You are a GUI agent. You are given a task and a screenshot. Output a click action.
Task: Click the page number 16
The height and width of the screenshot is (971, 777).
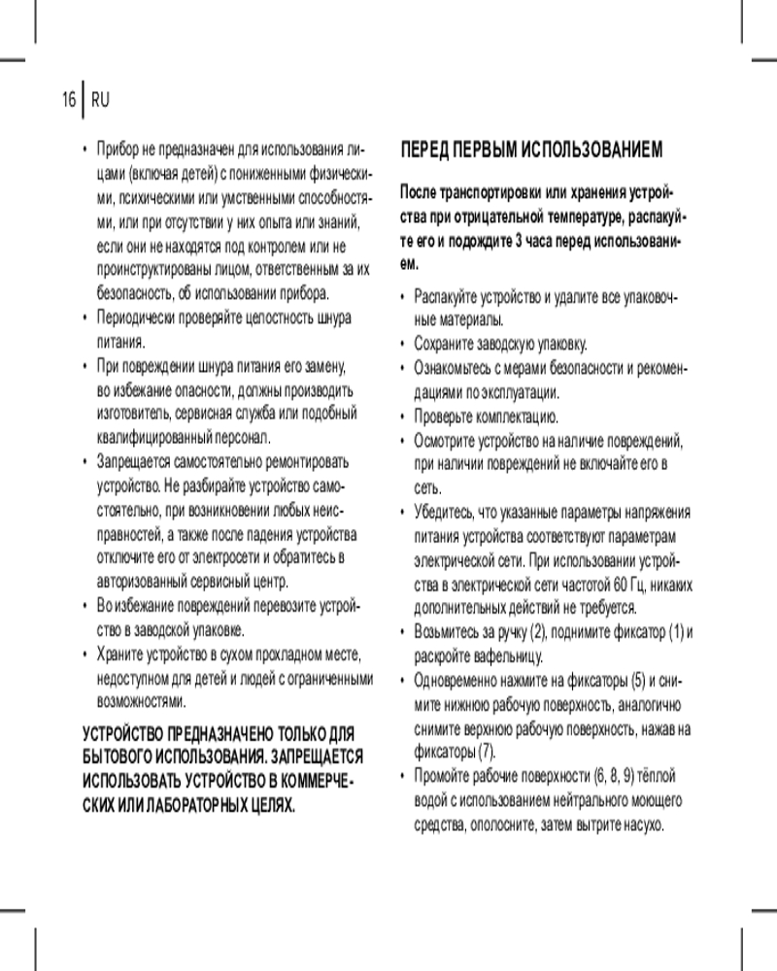point(68,99)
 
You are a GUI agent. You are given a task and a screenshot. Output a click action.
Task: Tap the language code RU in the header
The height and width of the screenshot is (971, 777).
point(100,99)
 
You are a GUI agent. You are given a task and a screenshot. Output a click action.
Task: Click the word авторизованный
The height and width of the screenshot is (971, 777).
point(147,583)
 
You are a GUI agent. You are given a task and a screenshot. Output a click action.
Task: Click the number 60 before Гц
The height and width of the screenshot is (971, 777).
point(612,585)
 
